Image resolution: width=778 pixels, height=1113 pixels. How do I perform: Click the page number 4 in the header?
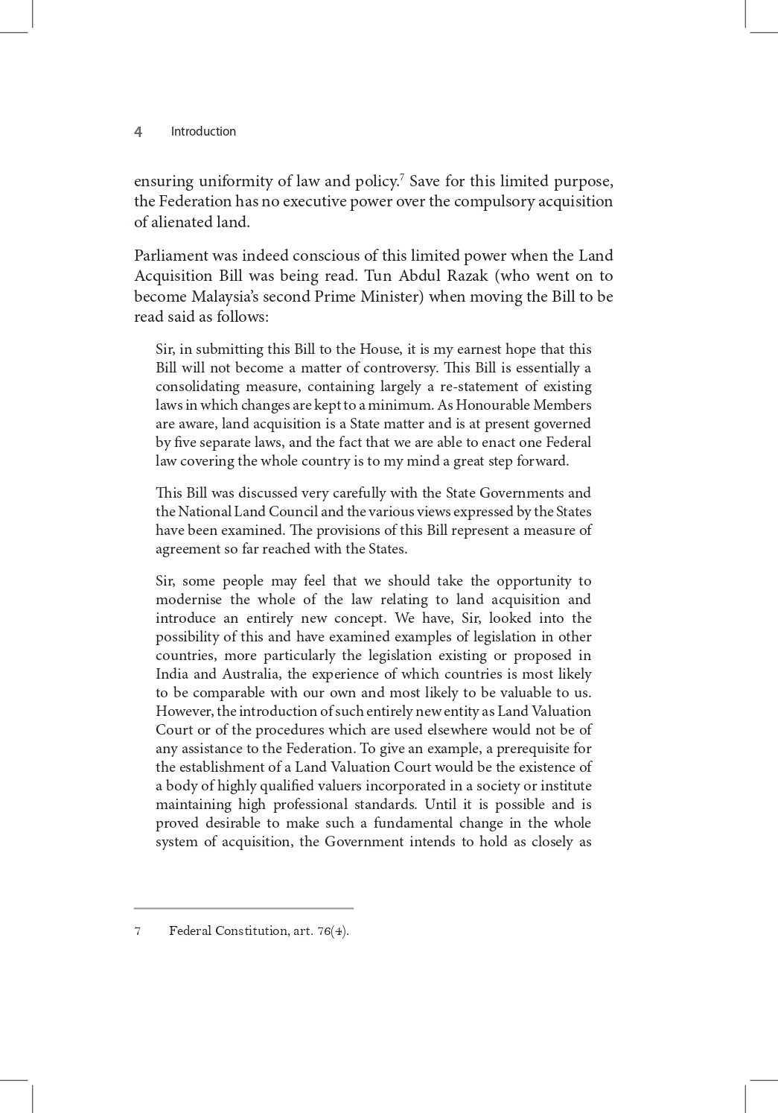click(x=138, y=132)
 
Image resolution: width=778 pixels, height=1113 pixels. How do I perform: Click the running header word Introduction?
click(x=203, y=132)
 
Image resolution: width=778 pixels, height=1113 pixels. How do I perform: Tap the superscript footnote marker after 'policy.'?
click(x=402, y=177)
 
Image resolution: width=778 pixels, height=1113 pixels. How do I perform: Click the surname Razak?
click(x=466, y=276)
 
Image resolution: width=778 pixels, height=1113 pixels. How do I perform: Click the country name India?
click(x=171, y=674)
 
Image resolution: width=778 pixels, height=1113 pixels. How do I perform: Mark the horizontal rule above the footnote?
click(x=243, y=908)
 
